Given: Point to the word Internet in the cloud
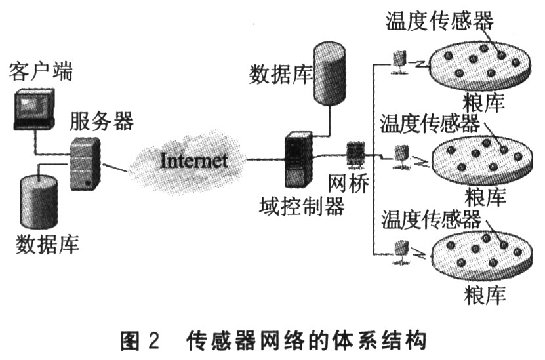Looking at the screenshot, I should (193, 159).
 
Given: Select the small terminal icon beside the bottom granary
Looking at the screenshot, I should (399, 250).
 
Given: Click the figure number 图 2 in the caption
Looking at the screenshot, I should (141, 341).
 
